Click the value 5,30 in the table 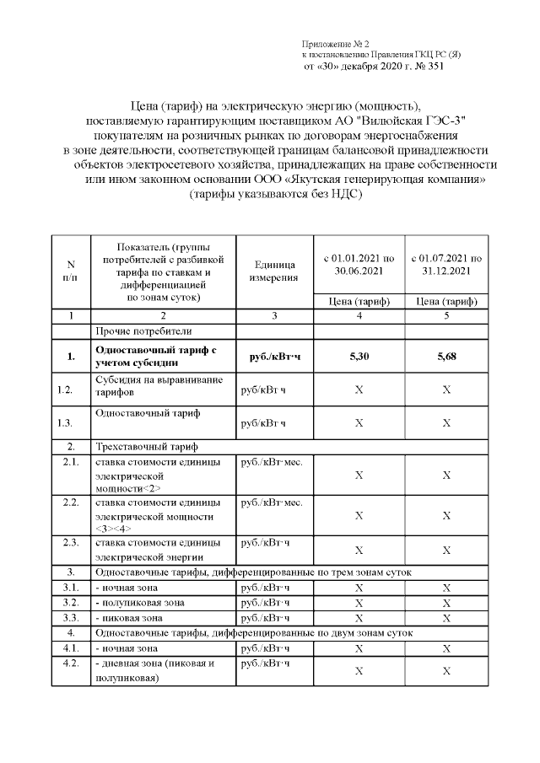pos(359,357)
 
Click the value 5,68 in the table pos(445,357)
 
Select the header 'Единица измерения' pos(274,271)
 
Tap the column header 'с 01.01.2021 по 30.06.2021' pos(359,264)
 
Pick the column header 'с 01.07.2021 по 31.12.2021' pos(445,264)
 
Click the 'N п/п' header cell pos(71,271)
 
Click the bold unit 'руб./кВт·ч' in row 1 pos(274,357)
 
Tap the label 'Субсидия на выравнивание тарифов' pos(159,386)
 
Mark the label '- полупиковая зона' pos(140,603)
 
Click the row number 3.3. pos(71,618)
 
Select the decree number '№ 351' pos(427,67)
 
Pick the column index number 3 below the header pos(274,315)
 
